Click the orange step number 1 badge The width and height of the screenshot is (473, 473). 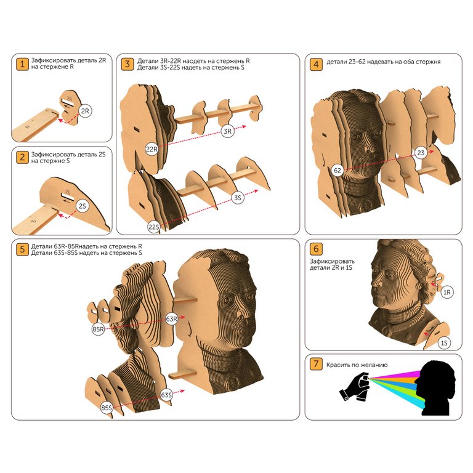[x=22, y=64]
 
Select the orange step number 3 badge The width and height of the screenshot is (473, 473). [x=127, y=64]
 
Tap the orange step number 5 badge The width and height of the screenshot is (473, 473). [x=22, y=249]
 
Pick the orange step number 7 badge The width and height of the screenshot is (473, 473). [x=316, y=364]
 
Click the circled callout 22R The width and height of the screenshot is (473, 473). [x=152, y=149]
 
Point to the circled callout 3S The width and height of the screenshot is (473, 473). [x=237, y=198]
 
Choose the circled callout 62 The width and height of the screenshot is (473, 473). [x=338, y=171]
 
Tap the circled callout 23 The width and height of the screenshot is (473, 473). [x=421, y=153]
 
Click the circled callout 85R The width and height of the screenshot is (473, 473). [x=98, y=329]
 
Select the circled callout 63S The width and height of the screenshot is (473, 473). [x=166, y=395]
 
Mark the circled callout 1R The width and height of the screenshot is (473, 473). [x=447, y=292]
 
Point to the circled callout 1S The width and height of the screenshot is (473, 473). [x=444, y=343]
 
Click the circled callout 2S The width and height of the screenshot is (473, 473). [x=82, y=206]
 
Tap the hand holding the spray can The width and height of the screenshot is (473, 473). [x=355, y=387]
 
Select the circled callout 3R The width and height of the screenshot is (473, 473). [x=227, y=131]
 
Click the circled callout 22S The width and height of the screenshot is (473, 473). [x=153, y=227]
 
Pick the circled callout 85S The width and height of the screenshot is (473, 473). [x=107, y=408]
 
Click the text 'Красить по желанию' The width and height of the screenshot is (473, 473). [x=357, y=365]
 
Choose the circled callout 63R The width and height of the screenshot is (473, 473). [x=172, y=319]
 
